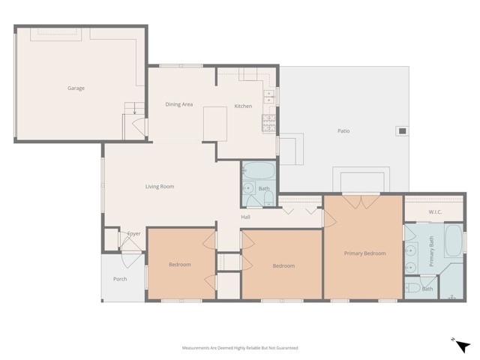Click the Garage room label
76,88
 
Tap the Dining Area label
179,104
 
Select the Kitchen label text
243,106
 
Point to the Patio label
343,131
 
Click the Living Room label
160,187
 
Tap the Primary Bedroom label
365,253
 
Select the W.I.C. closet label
435,211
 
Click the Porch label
120,279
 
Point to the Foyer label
133,233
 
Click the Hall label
245,217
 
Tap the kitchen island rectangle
215,124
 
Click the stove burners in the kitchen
268,123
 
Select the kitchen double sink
269,97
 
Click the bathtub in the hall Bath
259,170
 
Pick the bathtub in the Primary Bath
454,241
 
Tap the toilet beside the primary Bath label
413,288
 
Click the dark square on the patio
402,131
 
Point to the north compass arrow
463,346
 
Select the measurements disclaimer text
240,348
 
